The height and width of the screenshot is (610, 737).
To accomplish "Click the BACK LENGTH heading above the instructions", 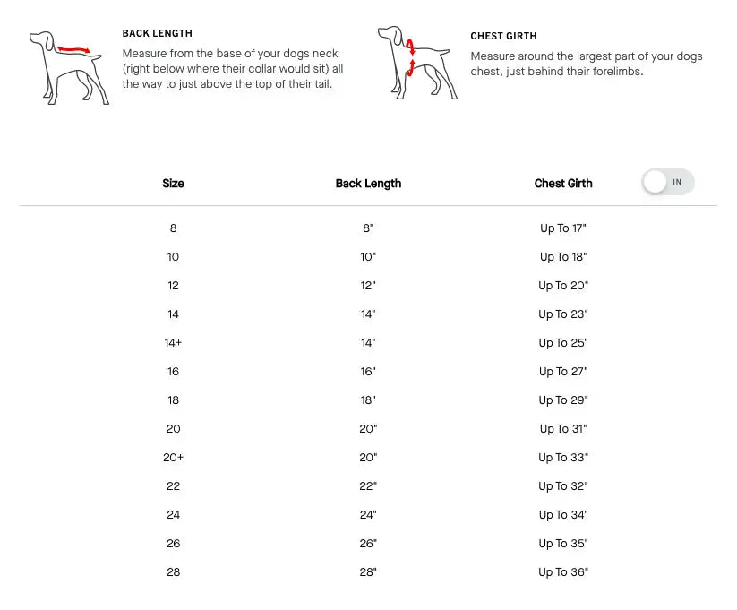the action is click(157, 33).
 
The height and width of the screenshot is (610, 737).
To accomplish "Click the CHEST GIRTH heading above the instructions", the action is click(503, 36).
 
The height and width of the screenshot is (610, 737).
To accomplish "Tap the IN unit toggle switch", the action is click(668, 182).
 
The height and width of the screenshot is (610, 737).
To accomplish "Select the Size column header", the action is click(173, 184).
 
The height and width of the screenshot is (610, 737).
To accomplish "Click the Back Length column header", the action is click(369, 184).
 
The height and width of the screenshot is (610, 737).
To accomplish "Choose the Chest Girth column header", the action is click(563, 184).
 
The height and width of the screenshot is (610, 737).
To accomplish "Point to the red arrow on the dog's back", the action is click(73, 49).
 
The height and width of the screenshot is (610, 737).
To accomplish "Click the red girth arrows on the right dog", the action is click(410, 58).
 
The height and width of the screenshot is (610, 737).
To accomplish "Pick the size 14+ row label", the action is click(173, 343).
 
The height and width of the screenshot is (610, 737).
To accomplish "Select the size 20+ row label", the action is click(173, 458).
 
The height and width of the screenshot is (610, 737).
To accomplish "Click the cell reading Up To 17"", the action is click(563, 228).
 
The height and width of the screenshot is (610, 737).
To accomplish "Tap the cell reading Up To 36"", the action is click(563, 572).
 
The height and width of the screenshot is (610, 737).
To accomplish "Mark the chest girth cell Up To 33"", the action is click(563, 458).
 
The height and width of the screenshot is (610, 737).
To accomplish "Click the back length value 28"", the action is click(368, 572).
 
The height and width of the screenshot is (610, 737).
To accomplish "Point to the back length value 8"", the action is click(368, 228).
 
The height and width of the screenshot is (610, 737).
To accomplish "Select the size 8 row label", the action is click(173, 228).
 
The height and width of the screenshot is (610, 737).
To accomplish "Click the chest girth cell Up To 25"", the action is click(563, 343).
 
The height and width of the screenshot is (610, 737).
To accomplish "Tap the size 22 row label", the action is click(173, 486).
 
